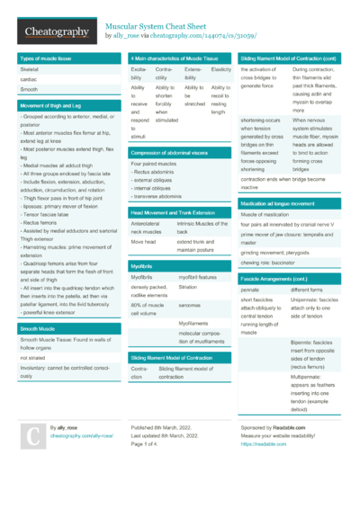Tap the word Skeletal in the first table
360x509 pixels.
[30, 67]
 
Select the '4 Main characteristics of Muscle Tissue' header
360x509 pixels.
[175, 57]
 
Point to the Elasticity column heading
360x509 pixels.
[220, 68]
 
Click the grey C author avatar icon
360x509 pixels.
[31, 434]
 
